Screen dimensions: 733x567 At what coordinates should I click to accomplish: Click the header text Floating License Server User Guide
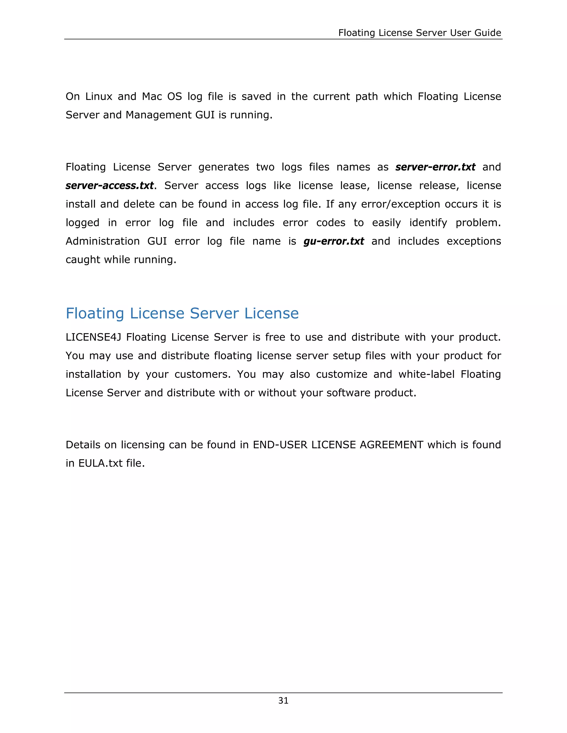pos(419,33)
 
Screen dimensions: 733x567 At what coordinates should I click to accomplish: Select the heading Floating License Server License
pos(182,313)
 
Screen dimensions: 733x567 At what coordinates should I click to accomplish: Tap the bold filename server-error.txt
pos(435,167)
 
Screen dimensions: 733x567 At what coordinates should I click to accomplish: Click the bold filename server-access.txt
pos(110,186)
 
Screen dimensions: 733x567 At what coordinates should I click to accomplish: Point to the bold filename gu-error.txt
pos(334,241)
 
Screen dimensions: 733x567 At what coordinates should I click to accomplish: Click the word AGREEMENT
pos(391,445)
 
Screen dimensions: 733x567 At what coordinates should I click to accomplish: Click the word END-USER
pos(280,445)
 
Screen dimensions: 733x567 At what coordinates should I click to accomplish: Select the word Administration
pos(102,241)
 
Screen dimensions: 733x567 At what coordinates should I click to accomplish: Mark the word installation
pos(93,374)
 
